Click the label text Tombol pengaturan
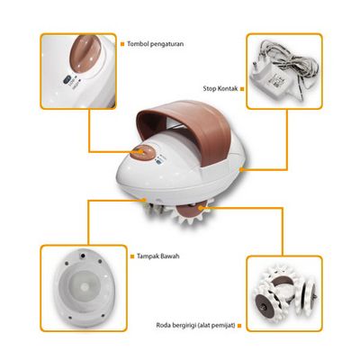point(156,44)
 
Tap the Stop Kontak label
point(220,88)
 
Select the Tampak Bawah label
point(158,256)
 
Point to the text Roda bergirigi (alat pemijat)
point(195,325)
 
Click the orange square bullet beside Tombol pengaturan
point(122,44)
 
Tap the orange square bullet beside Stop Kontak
point(242,89)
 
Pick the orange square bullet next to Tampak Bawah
point(132,256)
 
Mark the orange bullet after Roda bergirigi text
point(239,326)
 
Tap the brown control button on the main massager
point(142,152)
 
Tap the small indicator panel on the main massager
point(160,159)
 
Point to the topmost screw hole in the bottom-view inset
point(81,256)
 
